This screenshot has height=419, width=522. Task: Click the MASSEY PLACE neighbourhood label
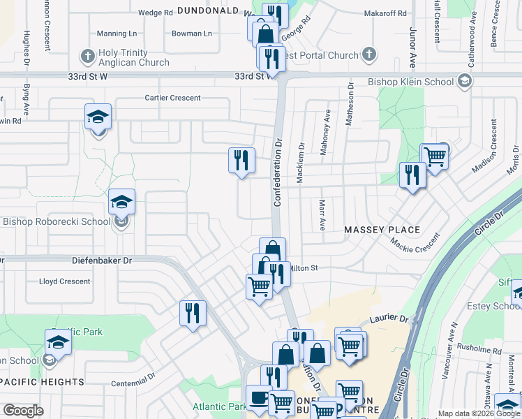(381, 230)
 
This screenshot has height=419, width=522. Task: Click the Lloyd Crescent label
(65, 281)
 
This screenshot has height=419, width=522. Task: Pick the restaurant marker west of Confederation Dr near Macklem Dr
(241, 161)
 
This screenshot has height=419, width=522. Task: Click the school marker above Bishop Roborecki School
(121, 203)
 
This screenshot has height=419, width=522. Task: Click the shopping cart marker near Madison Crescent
(434, 156)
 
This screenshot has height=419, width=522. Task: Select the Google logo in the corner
(23, 411)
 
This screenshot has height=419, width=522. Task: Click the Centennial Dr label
(133, 383)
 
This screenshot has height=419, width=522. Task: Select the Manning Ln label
(117, 34)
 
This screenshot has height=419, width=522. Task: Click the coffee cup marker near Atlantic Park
(259, 398)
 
